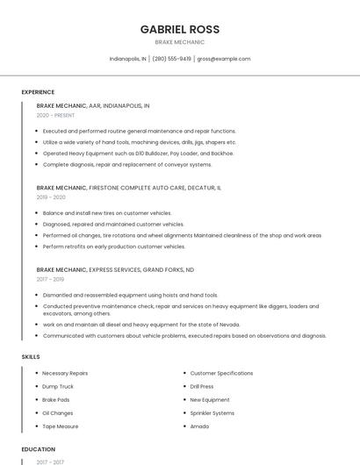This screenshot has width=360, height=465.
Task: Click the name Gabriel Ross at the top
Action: coord(180,29)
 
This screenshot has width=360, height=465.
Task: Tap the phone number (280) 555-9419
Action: coord(171,59)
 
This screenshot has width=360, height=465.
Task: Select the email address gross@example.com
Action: coord(224,59)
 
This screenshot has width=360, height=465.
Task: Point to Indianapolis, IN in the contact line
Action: coord(127,59)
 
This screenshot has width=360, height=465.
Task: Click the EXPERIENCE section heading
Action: coord(38,92)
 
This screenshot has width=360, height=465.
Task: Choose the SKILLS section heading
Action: coord(31,357)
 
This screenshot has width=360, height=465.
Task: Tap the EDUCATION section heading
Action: coord(39,449)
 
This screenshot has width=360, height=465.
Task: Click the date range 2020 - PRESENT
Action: coord(55,115)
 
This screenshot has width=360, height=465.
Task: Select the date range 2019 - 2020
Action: coord(51,197)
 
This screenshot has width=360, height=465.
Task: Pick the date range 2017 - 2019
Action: coord(51,280)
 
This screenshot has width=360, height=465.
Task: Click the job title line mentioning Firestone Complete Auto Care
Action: coord(129,188)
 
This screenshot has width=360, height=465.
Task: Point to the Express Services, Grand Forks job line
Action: coord(115,270)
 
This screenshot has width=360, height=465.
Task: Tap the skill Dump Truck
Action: coord(58,386)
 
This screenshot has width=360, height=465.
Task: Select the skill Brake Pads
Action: coord(55,399)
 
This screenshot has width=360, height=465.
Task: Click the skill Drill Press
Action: coord(202,386)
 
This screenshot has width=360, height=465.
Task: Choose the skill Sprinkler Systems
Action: coord(212,412)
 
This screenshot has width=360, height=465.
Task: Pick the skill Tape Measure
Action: coord(61,426)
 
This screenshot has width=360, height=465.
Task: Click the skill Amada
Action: coord(199,426)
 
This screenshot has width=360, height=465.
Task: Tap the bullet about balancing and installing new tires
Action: coord(107,213)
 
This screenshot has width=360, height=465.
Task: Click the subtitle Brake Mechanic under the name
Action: coord(180,42)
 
